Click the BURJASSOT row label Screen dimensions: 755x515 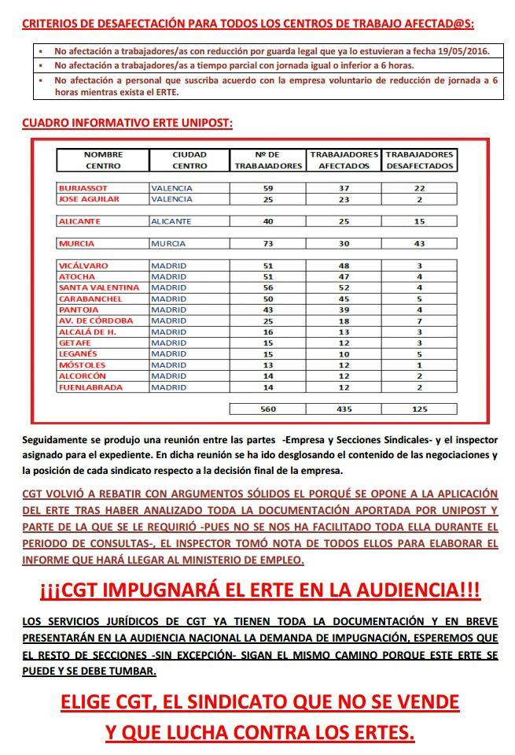point(83,188)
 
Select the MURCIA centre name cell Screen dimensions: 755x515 point(77,244)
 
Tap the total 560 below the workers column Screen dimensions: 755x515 point(267,409)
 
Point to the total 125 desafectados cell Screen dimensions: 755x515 point(421,409)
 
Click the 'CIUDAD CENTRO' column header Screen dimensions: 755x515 point(189,160)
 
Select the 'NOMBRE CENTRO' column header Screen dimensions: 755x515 point(103,160)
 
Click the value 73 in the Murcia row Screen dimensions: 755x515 point(267,244)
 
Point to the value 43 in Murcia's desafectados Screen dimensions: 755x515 point(421,244)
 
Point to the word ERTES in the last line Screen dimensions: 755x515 point(379,732)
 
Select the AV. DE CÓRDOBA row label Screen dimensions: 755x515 point(95,320)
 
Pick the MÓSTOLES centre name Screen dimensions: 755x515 point(83,365)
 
